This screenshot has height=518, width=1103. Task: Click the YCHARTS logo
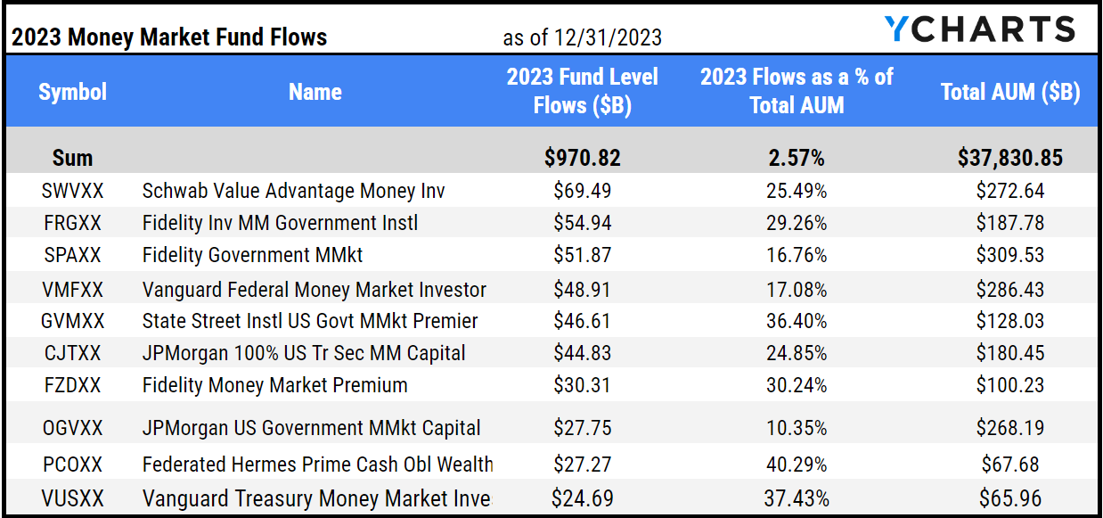[980, 29]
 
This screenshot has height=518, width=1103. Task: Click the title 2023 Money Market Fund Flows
[169, 37]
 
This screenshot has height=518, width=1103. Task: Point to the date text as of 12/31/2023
[582, 37]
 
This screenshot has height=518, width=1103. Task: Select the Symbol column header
[72, 92]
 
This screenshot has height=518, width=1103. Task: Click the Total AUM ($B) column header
[1010, 92]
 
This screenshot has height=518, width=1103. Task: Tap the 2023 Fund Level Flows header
[582, 91]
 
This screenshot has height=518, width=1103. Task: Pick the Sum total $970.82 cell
[582, 158]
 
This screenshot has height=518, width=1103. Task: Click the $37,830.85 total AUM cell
[1010, 158]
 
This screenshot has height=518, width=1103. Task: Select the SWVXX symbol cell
[72, 191]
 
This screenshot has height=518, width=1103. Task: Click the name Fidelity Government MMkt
[252, 255]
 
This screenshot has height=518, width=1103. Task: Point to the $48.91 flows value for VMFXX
[582, 290]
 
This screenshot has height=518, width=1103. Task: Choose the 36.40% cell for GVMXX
[797, 321]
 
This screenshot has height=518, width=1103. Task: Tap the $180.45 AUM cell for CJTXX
[1010, 353]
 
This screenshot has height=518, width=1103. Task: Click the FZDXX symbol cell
[72, 385]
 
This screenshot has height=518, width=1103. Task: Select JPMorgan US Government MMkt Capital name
[311, 429]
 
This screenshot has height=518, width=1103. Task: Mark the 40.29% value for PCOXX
[797, 465]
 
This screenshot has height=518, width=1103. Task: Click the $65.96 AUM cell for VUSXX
[1010, 497]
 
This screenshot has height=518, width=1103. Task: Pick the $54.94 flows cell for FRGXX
[582, 223]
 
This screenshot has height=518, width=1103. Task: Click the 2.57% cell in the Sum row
[797, 158]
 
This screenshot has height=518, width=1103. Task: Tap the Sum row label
[72, 158]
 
